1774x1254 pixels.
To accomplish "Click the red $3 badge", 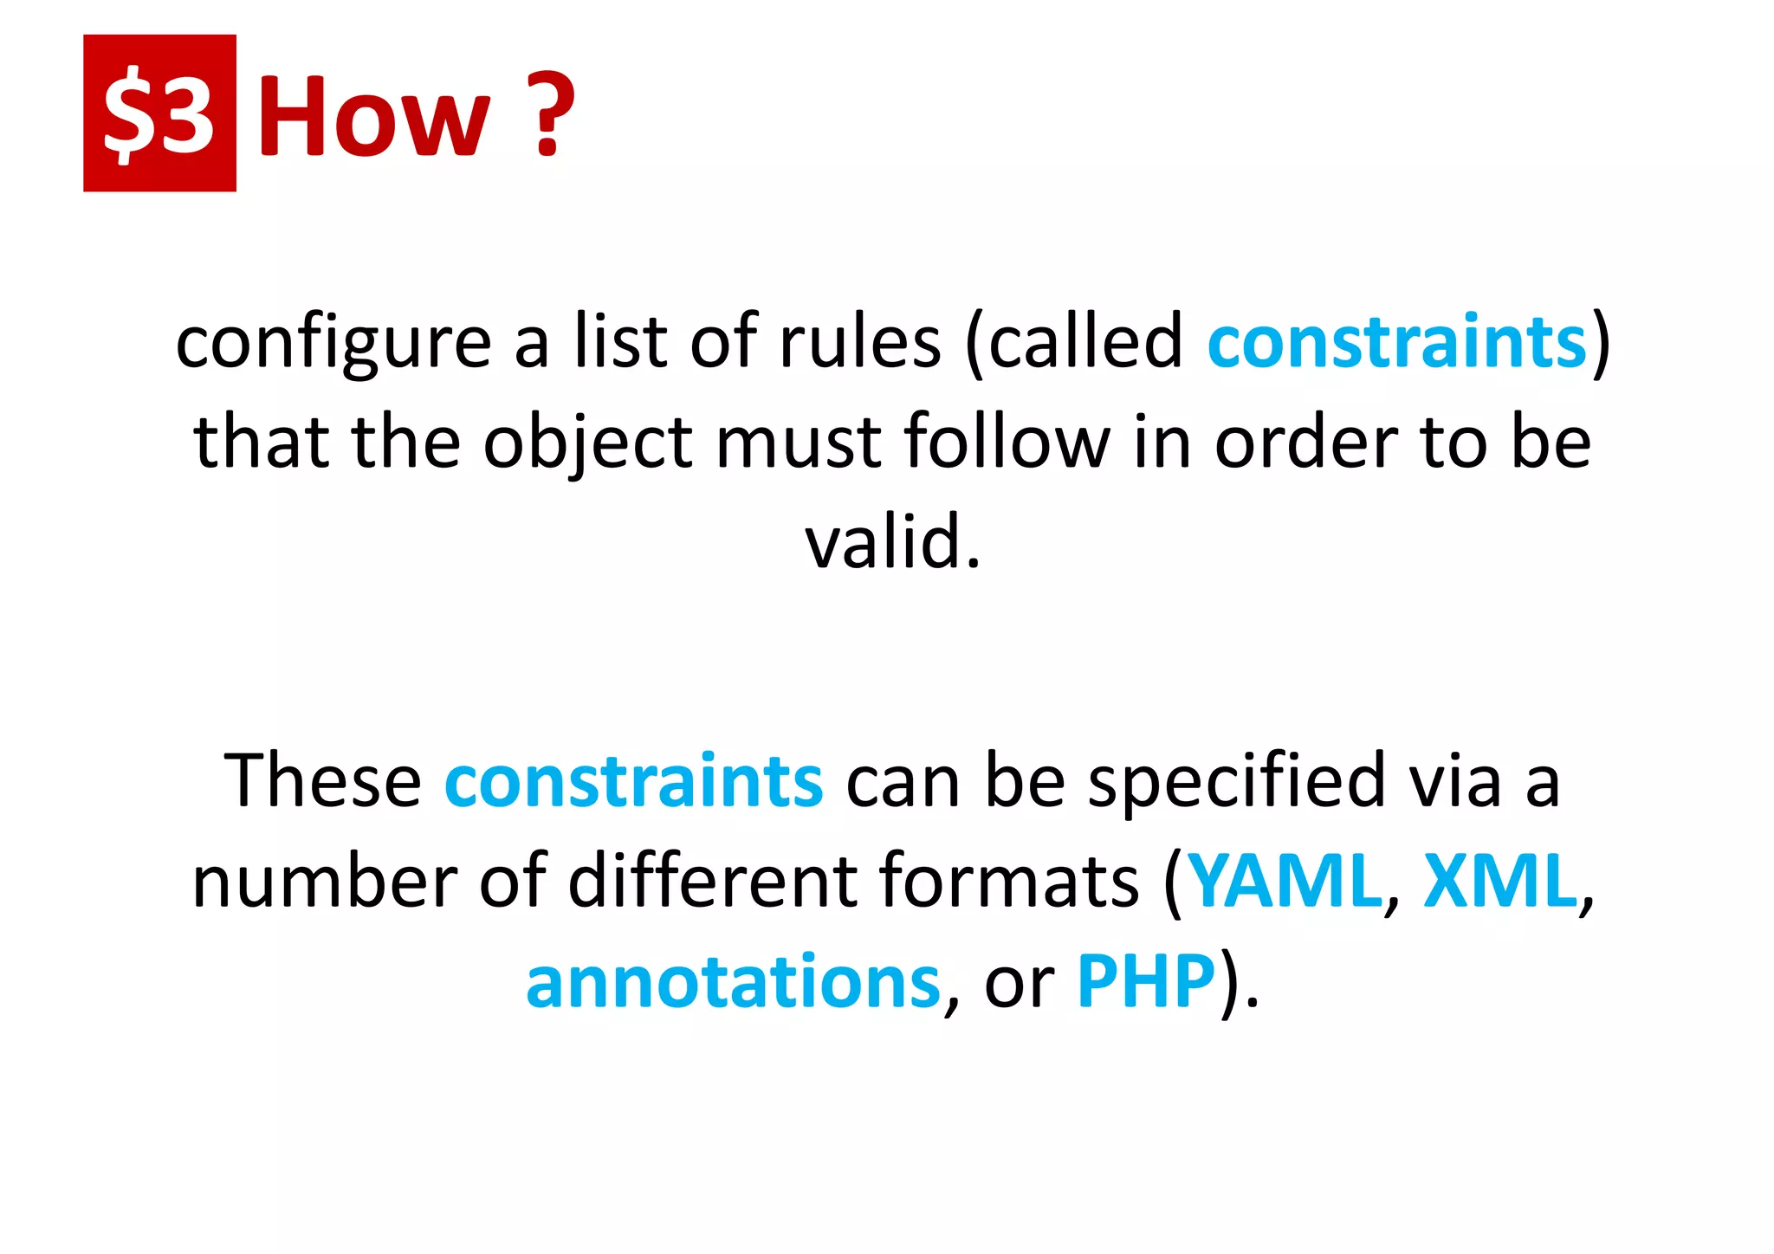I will [159, 113].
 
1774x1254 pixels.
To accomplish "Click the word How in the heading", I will [374, 116].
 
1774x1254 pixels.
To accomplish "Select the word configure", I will [333, 342].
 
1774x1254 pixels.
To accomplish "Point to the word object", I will [588, 443].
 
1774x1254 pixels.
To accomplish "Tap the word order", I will [1305, 443].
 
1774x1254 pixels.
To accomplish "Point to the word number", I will [324, 881].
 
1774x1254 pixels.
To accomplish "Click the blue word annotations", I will [733, 981].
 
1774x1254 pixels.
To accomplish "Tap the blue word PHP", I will [1146, 981].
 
